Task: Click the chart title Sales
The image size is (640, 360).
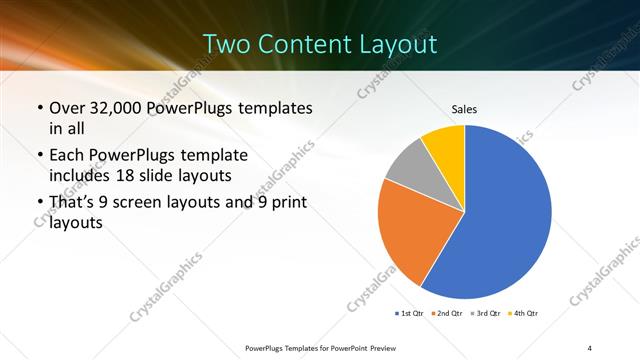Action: click(x=464, y=108)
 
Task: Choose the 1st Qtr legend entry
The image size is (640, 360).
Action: click(x=409, y=314)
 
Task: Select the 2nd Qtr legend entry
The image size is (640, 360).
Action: click(x=446, y=314)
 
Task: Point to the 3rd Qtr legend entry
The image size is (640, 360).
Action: click(x=484, y=314)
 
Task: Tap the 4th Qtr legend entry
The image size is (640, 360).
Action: click(x=522, y=314)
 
